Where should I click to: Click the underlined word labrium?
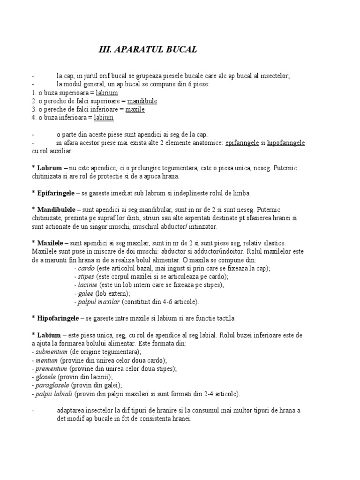106,93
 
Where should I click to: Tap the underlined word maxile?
135,110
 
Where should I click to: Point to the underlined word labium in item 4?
104,118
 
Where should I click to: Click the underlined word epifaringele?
242,142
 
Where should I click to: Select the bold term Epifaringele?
56,193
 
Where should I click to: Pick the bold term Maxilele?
50,243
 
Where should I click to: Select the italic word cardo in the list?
86,269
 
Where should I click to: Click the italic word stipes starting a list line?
86,277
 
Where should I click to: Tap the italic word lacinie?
88,285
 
